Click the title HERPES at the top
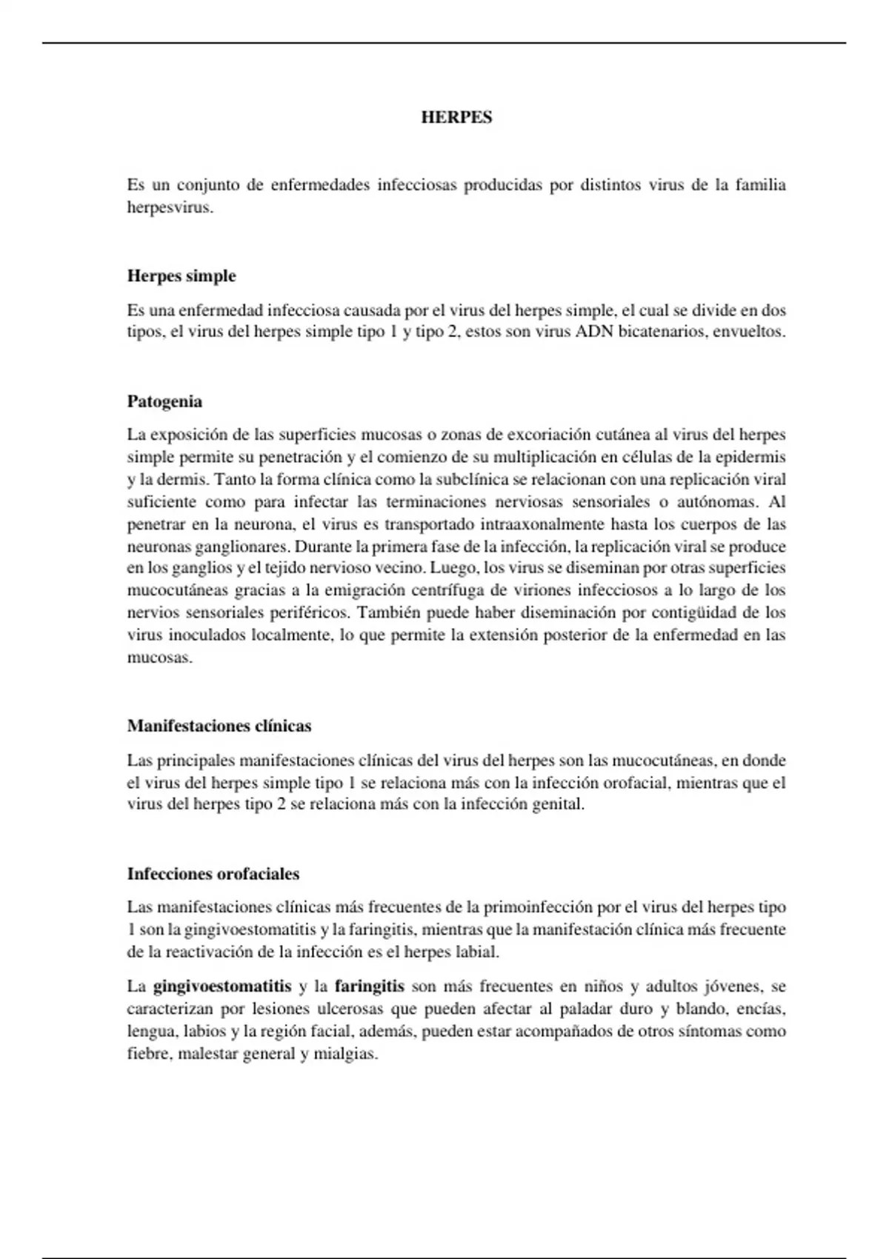[x=456, y=118]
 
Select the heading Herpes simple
[x=182, y=276]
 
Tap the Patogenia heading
[x=164, y=402]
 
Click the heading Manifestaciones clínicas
[x=219, y=726]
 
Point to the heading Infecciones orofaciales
[x=213, y=874]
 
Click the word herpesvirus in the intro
[x=170, y=208]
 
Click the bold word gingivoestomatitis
[x=222, y=986]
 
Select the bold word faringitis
[x=369, y=986]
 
